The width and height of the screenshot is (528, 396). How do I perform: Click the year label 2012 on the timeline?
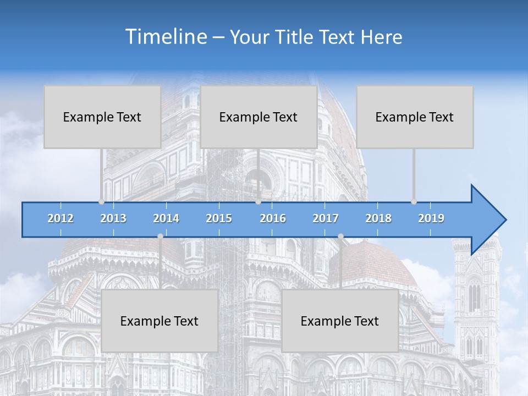coord(61,218)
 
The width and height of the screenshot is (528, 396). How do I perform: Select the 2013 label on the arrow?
coord(113,218)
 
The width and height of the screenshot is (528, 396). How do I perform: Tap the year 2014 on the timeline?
coord(166,218)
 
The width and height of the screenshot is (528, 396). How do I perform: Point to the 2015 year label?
coord(219,218)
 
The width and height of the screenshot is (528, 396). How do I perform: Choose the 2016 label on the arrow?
coord(273,218)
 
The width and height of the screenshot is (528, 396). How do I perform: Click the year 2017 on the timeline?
coord(326,218)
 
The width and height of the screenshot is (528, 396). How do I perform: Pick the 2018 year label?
coord(378,218)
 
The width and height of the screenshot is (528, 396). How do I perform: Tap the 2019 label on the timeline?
coord(431,218)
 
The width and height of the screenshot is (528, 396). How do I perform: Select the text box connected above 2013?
coord(102,117)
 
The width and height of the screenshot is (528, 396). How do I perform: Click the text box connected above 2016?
coord(258,117)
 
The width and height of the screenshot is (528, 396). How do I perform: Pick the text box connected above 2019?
coord(415,117)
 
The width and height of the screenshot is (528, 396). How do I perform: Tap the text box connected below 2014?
coord(159,321)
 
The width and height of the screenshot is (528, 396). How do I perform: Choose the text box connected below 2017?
coord(340,321)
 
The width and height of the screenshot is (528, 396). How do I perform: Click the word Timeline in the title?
coord(165,37)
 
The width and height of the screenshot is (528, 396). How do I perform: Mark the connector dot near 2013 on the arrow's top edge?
coord(102,202)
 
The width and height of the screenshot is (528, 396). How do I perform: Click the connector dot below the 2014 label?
coord(160,237)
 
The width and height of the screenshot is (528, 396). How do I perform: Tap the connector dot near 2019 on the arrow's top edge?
coord(414,202)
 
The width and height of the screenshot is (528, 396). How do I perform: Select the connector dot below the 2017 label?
coord(340,237)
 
